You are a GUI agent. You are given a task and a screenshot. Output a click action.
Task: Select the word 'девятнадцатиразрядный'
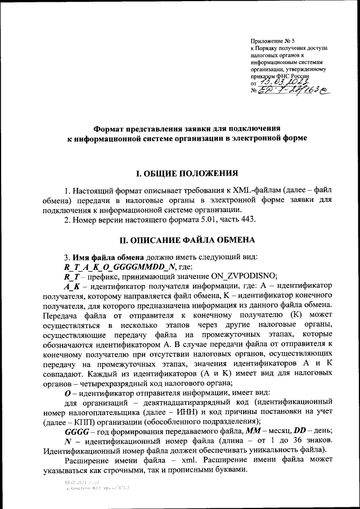click(x=190, y=403)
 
